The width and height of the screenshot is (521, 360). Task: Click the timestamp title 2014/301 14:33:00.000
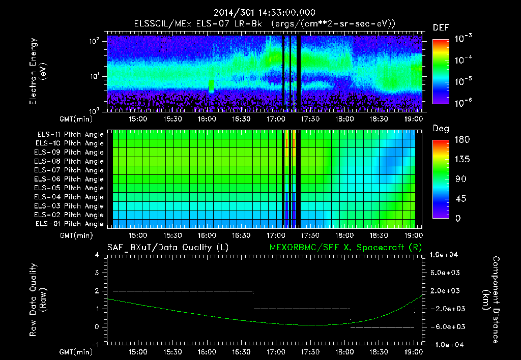260,13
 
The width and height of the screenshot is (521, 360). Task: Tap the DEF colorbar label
440,28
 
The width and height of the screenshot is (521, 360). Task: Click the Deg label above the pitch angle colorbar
440,129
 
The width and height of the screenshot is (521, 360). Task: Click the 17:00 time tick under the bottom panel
275,351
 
